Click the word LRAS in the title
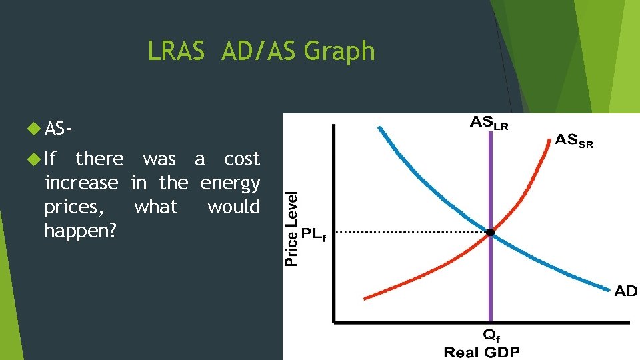176,51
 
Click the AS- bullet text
59,129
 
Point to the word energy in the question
230,183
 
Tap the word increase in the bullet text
81,183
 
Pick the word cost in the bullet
241,159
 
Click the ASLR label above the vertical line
489,123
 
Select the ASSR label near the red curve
574,141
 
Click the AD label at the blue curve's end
625,291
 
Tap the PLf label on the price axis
314,234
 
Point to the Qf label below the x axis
491,336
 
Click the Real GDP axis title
481,352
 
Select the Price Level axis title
291,229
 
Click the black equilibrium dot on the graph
491,233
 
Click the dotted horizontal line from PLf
407,233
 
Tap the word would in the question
233,207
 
